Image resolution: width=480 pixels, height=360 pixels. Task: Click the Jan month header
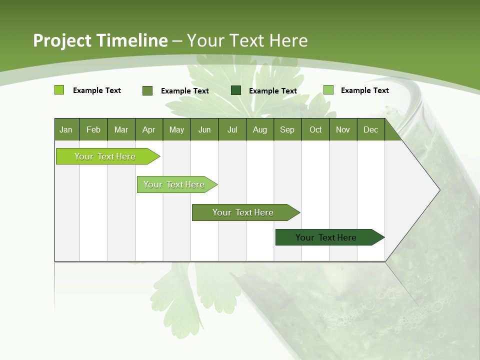coord(66,129)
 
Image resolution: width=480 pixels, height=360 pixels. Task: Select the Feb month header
coord(93,129)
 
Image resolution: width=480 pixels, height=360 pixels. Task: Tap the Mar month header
coord(121,129)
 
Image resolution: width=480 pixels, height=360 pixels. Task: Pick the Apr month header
coord(149,129)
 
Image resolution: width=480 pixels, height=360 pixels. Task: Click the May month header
coord(176,129)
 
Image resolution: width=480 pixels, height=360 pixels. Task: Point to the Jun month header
coord(204,129)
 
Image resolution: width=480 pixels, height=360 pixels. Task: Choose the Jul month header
coord(232,129)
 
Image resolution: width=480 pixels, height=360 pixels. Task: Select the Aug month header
coord(260,129)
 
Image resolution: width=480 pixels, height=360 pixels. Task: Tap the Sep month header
coord(287,129)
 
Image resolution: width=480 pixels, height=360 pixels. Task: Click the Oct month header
coord(315,129)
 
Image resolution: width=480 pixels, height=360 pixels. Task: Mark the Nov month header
coord(343,129)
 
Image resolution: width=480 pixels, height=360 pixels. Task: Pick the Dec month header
coord(371,129)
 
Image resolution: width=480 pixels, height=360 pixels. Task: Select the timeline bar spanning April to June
coord(175,184)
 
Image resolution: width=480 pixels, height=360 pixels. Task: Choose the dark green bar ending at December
coord(327,237)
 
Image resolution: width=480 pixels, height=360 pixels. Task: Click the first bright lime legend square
coord(59,90)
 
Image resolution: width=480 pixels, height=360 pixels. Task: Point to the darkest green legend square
coord(236,90)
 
